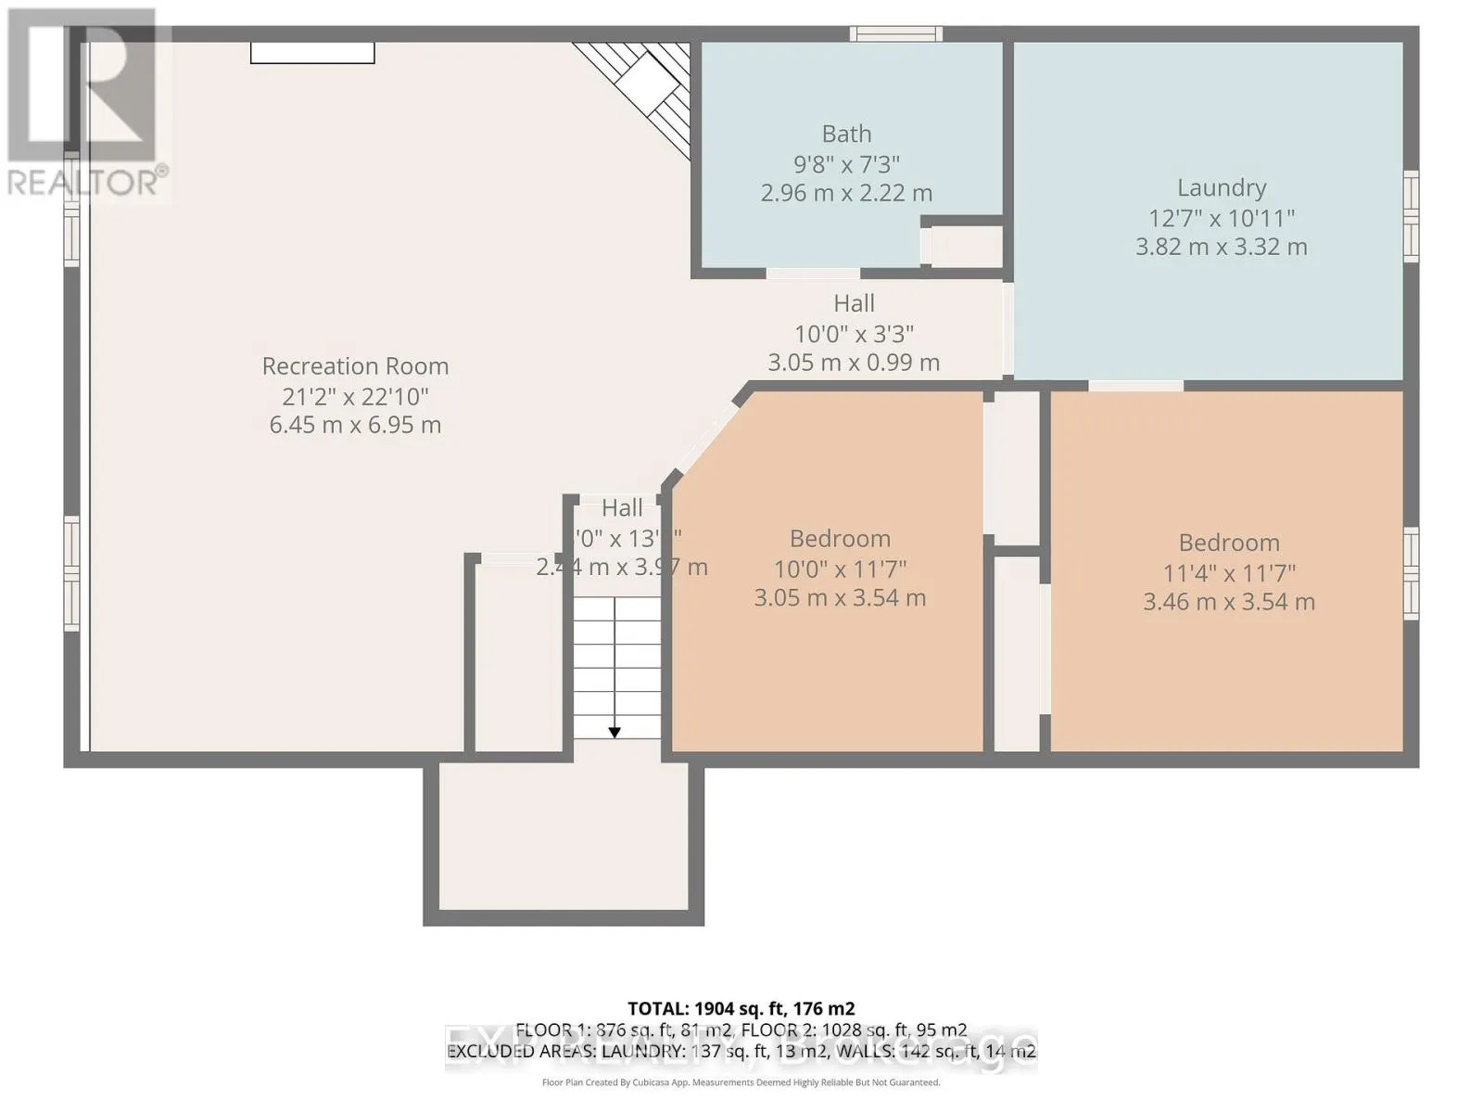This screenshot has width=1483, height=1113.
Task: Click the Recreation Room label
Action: point(355,366)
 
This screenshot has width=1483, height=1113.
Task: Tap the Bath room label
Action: point(846,134)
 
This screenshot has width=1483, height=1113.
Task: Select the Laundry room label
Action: point(1221,187)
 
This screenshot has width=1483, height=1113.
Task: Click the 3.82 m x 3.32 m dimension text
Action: point(1221,247)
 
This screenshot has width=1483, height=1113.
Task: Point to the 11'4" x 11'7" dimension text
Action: point(1228,573)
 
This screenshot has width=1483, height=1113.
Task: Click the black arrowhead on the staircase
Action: point(615,733)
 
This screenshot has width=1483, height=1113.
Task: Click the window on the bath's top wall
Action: point(896,34)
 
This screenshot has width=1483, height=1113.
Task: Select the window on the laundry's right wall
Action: point(1410,215)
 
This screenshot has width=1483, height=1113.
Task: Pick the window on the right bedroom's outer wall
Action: point(1410,572)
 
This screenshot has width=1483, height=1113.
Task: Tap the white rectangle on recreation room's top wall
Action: point(312,53)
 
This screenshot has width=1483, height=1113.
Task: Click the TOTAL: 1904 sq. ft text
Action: point(741,1008)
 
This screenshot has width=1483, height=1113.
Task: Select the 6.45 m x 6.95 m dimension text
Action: point(355,426)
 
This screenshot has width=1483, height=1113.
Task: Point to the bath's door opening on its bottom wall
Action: point(813,274)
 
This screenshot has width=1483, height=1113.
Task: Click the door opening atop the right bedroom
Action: point(1135,385)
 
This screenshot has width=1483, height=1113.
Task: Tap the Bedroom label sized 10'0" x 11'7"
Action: point(840,539)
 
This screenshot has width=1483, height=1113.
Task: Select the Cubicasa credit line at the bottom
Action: point(741,1082)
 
